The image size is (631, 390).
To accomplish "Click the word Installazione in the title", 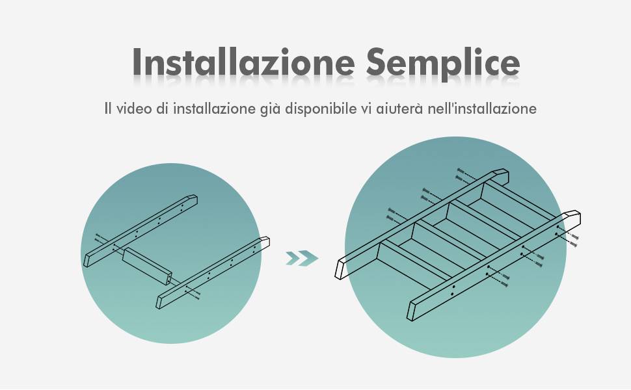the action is pyautogui.click(x=243, y=62).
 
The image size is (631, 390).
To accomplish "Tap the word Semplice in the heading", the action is pyautogui.click(x=443, y=64).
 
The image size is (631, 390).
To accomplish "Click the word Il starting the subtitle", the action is pyautogui.click(x=107, y=109).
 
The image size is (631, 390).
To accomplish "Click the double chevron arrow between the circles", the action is pyautogui.click(x=302, y=259).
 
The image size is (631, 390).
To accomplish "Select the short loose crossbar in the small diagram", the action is pyautogui.click(x=147, y=266).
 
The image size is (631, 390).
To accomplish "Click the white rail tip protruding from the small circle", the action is pyautogui.click(x=265, y=242).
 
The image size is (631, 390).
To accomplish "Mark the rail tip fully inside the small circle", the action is pyautogui.click(x=193, y=200).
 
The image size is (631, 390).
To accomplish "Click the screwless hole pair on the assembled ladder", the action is pyautogui.click(x=453, y=291).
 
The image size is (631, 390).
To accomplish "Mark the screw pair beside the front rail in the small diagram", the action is pyautogui.click(x=193, y=292).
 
